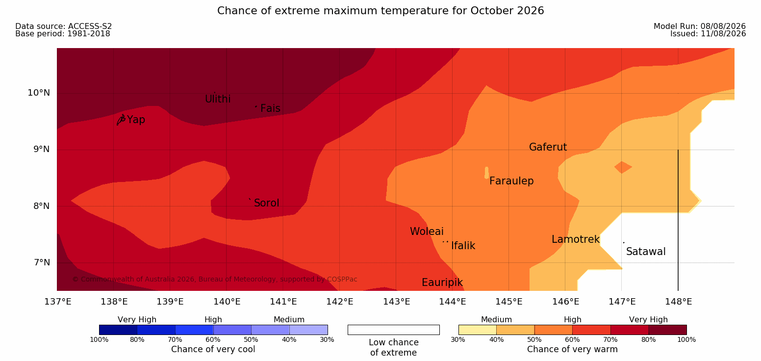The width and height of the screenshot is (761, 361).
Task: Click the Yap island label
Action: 136,120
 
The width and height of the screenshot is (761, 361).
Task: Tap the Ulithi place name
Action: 218,99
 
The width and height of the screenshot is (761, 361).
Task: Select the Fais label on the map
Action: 271,108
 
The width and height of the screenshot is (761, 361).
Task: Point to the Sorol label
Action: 267,203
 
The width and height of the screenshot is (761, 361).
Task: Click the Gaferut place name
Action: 548,147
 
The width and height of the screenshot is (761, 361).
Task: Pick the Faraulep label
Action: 511,181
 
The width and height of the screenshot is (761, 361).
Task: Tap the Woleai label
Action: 427,232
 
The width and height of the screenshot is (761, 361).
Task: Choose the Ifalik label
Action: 463,246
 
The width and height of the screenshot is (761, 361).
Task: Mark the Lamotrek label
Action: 576,240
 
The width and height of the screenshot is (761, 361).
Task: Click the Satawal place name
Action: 646,252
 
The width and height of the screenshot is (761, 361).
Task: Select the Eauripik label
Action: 442,283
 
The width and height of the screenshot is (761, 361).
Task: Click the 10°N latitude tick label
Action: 39,93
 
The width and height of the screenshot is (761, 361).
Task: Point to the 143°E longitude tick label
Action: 397,302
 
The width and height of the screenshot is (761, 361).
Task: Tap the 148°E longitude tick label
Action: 679,302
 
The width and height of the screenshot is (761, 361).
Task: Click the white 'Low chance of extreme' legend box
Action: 394,330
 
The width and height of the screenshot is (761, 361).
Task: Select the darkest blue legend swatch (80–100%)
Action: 118,330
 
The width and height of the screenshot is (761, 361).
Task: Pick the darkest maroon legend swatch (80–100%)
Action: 667,330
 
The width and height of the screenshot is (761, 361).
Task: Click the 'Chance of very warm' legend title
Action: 572,349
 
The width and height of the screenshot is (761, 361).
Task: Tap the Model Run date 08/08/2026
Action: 723,26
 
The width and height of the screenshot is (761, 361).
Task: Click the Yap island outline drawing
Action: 121,120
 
